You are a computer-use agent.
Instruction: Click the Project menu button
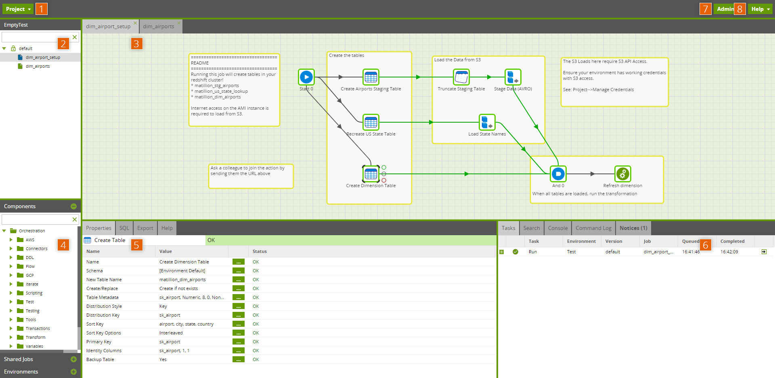coord(18,9)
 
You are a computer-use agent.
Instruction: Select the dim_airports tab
coord(159,27)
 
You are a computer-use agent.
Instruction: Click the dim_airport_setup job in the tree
coord(43,57)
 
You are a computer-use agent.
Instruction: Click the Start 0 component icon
coord(306,77)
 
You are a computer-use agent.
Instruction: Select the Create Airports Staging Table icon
coord(371,77)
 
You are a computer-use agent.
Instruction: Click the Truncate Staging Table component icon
coord(461,77)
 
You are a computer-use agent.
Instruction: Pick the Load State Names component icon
coord(487,122)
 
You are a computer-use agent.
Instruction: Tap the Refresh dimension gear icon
coord(622,174)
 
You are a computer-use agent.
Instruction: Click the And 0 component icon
coord(558,174)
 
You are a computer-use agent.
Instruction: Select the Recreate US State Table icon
coord(371,122)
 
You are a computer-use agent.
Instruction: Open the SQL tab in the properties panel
coord(124,228)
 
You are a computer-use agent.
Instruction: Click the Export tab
coord(145,228)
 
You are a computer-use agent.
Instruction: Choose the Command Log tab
coord(593,228)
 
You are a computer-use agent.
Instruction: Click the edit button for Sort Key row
coord(238,324)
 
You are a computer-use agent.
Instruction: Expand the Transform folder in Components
coord(11,337)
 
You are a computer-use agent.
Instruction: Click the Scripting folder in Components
coord(34,293)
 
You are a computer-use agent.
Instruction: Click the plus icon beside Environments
coord(73,372)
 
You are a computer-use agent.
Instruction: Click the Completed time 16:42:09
coord(729,252)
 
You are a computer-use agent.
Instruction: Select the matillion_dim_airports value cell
coord(182,280)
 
